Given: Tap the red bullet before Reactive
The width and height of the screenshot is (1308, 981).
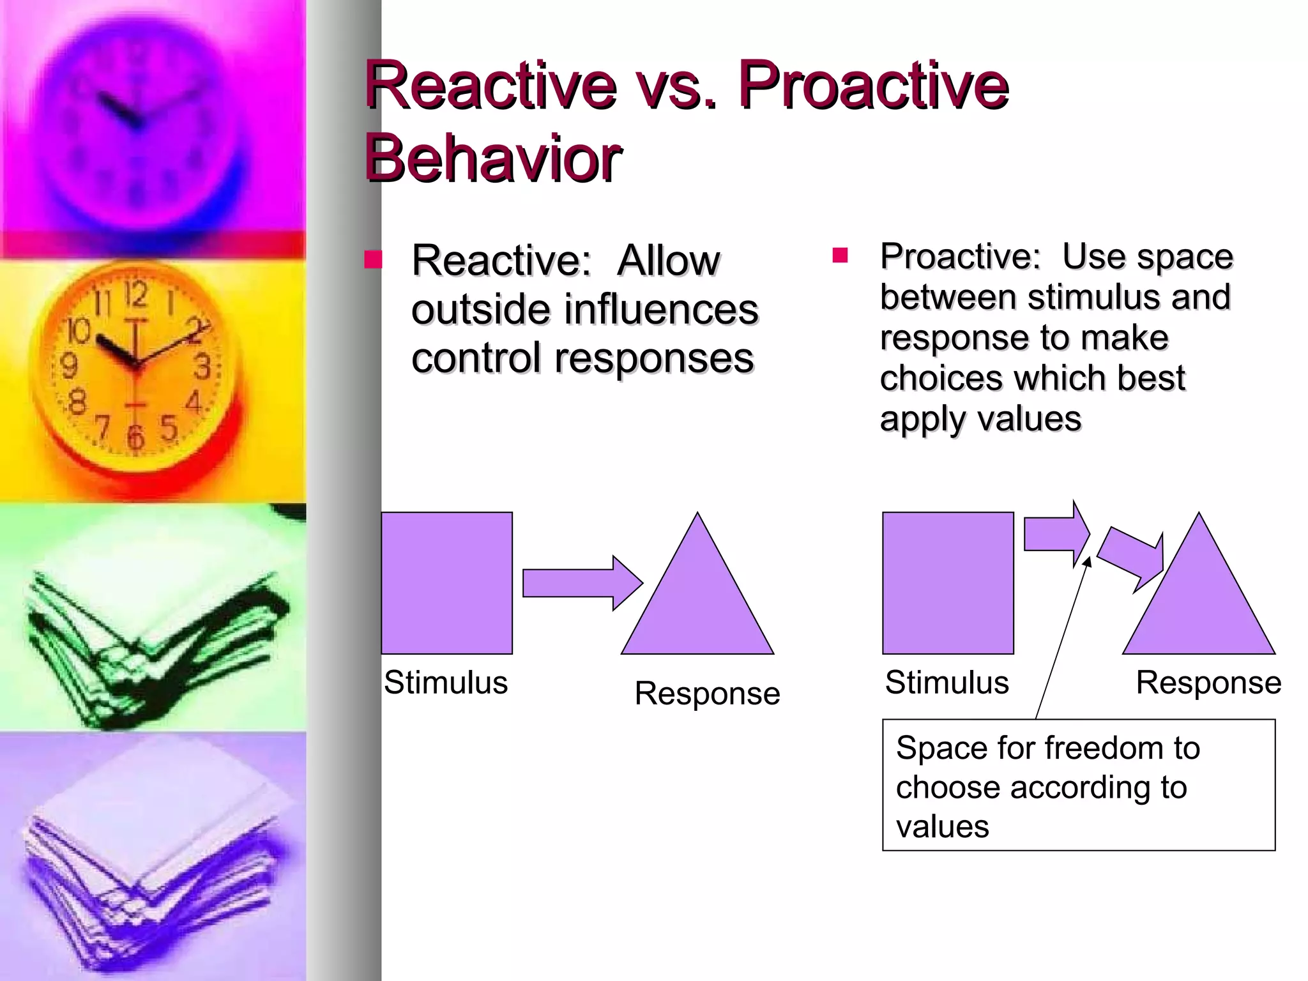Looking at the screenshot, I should tap(372, 259).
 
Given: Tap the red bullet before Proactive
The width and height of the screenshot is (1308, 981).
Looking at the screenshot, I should tap(839, 256).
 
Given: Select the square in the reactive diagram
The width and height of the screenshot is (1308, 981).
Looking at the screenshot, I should tap(446, 582).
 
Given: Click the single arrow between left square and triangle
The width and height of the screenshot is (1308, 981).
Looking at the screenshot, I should tap(580, 582).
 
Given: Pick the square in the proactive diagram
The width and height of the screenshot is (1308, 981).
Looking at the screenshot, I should tap(948, 582).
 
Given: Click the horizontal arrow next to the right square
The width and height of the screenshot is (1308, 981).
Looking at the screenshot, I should tap(1054, 535).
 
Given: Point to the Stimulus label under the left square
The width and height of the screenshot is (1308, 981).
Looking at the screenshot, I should tap(446, 682).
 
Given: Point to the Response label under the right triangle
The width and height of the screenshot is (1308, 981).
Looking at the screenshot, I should tap(1208, 682).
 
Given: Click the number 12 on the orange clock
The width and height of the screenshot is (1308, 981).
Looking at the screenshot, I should tap(135, 294).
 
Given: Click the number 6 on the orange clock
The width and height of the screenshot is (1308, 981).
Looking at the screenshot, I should tap(135, 437).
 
